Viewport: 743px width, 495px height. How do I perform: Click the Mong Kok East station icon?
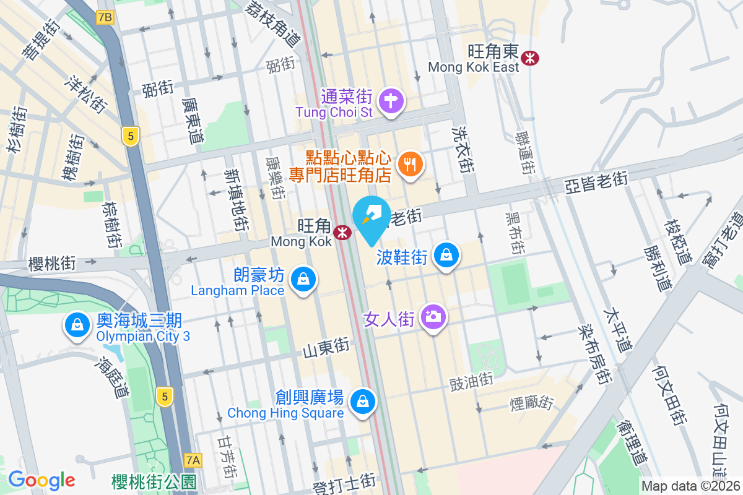coord(530,58)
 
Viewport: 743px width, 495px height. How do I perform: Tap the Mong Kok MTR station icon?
coord(342,233)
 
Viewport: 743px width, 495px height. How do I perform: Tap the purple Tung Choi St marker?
coord(391,100)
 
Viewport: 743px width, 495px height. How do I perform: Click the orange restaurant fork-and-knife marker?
coord(409,164)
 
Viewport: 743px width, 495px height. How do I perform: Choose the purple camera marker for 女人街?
coord(432,317)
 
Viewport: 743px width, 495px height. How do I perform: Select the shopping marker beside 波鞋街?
coord(446,254)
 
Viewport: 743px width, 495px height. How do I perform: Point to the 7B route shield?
coord(105,17)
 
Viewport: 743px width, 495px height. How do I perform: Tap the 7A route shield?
coord(193,460)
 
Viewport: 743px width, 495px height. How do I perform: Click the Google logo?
coord(41,480)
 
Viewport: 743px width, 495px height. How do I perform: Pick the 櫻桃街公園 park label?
coord(155,482)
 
